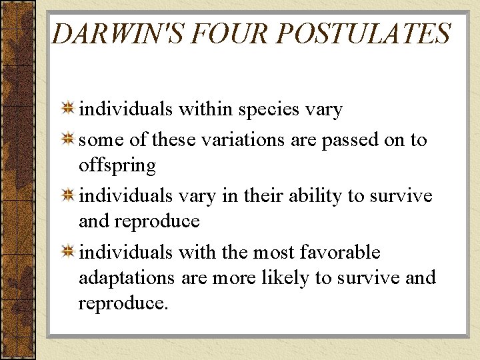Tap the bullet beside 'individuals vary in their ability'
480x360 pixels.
tap(68, 196)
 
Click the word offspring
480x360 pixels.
tap(117, 165)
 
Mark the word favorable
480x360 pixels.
tap(340, 253)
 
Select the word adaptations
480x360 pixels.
tap(127, 278)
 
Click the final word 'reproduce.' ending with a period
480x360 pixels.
tap(123, 303)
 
